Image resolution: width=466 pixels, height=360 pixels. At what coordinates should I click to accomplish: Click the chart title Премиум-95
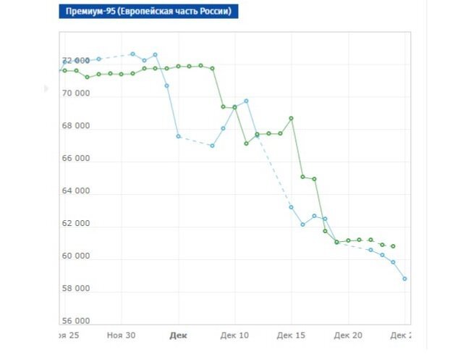pos(148,12)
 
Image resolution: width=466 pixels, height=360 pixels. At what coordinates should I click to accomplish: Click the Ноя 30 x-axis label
pos(121,335)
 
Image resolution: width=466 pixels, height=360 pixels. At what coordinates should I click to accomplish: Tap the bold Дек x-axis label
pos(178,335)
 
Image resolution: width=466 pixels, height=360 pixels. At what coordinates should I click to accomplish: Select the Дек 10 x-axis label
pos(234,335)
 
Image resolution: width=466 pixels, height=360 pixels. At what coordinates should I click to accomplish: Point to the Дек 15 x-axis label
pos(291,335)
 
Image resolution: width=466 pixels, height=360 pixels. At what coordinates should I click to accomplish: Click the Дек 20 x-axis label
pos(348,335)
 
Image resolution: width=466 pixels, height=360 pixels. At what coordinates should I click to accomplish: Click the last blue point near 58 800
pos(405,279)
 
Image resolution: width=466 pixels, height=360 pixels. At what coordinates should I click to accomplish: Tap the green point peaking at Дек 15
pos(291,118)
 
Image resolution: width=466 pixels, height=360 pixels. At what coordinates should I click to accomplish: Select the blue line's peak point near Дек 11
pos(246,101)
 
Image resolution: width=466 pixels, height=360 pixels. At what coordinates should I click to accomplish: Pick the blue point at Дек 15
pos(292,207)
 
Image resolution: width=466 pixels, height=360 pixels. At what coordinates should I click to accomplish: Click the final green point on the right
pos(393,246)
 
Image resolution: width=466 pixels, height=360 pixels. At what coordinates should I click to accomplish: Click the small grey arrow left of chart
pos(47,88)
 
